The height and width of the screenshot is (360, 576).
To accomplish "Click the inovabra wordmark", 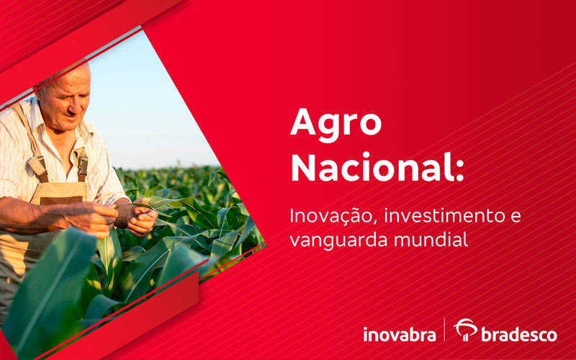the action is (400, 334).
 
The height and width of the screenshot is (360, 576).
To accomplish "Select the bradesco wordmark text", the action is (518, 335).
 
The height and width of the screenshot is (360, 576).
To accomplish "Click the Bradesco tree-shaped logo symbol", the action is (466, 329).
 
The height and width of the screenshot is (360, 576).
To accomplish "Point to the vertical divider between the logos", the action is (444, 330).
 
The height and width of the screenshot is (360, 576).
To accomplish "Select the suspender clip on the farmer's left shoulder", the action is (83, 166).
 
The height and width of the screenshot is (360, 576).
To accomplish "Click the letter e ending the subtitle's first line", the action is (516, 217).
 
